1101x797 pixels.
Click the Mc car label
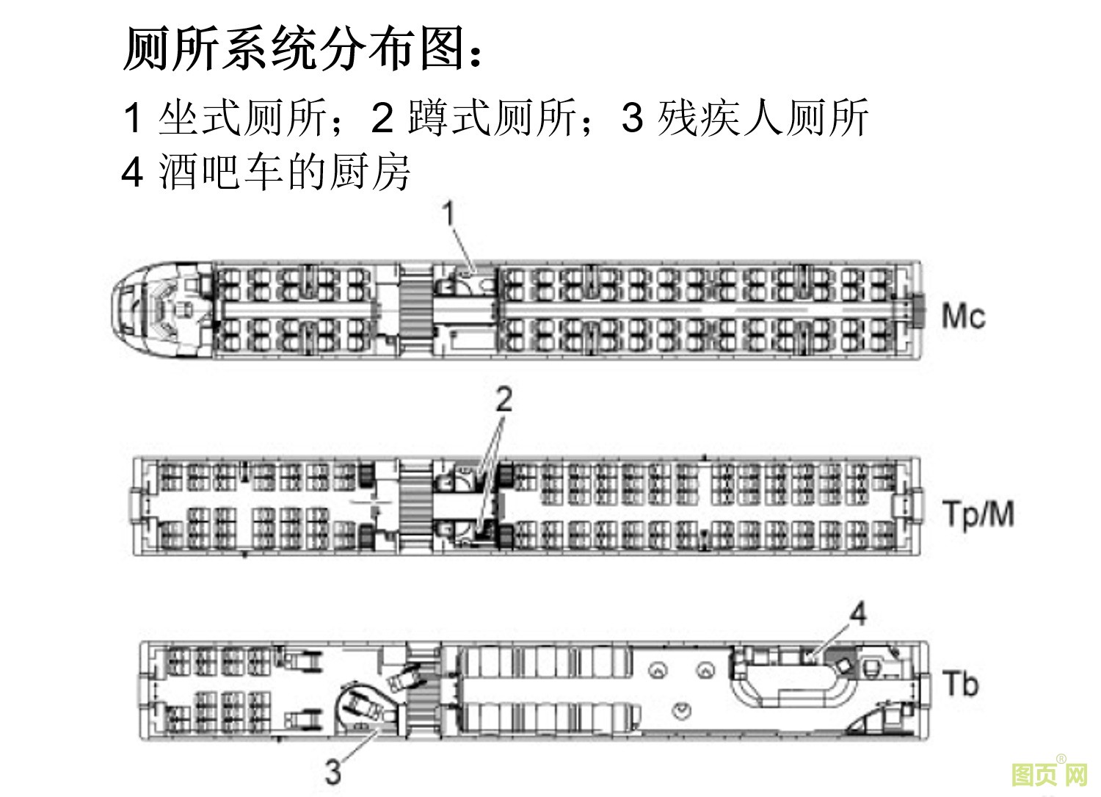(963, 317)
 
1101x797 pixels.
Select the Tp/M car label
(978, 513)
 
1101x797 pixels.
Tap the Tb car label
(961, 684)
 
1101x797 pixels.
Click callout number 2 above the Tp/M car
(504, 400)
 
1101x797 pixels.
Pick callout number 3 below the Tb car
(333, 772)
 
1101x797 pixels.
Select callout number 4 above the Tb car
(857, 613)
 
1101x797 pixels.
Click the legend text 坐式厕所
(242, 118)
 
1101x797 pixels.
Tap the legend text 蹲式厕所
(492, 118)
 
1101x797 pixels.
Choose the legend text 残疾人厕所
(763, 118)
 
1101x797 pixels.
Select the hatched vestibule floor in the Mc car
(416, 309)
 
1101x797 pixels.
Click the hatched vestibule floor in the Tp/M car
(416, 506)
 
